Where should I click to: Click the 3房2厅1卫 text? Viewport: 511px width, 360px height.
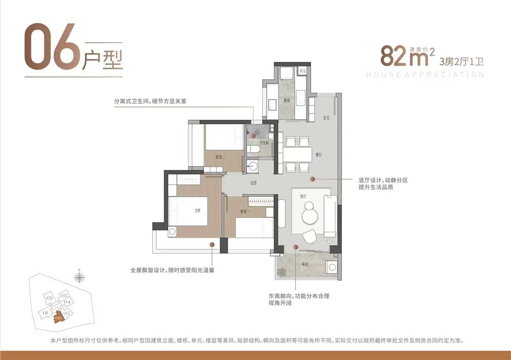[461, 62]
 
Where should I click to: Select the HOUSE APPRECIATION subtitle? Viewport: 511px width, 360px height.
[425, 75]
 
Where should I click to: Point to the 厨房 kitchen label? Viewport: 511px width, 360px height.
[287, 101]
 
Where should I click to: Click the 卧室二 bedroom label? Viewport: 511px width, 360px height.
[221, 157]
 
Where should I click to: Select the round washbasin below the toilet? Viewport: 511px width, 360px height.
[251, 165]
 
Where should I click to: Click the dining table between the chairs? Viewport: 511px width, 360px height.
[297, 154]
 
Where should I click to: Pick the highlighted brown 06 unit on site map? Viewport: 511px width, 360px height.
[59, 318]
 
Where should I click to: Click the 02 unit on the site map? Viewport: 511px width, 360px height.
[50, 298]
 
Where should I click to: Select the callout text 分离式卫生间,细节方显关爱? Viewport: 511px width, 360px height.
[150, 101]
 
